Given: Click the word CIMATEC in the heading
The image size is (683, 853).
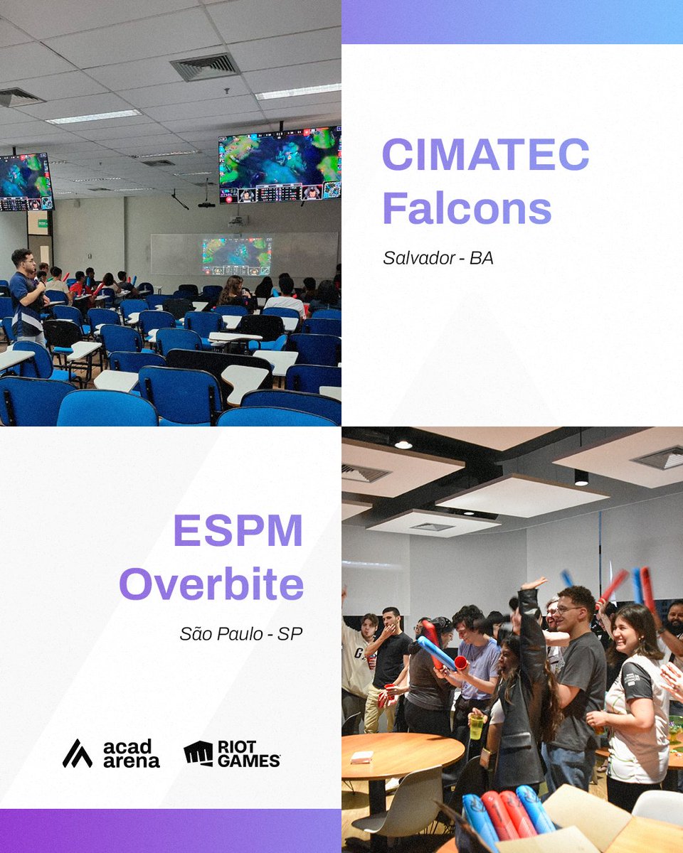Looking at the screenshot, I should (x=486, y=154).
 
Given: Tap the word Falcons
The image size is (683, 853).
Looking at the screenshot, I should (x=467, y=208).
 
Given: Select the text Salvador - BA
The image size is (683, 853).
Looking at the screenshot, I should (x=438, y=258).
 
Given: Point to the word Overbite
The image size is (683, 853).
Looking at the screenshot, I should (x=211, y=584).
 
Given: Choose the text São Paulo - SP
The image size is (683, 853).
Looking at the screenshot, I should (x=241, y=633).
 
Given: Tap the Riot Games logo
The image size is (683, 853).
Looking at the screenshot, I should (x=232, y=753).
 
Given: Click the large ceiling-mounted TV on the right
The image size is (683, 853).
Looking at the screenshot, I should (x=280, y=165).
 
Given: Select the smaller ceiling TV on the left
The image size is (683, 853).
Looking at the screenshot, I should (x=26, y=182).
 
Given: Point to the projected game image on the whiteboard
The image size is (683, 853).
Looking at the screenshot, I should (x=236, y=257).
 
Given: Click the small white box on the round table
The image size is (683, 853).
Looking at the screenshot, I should (x=362, y=757).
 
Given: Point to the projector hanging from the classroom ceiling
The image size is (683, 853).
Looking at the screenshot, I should (x=206, y=205).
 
